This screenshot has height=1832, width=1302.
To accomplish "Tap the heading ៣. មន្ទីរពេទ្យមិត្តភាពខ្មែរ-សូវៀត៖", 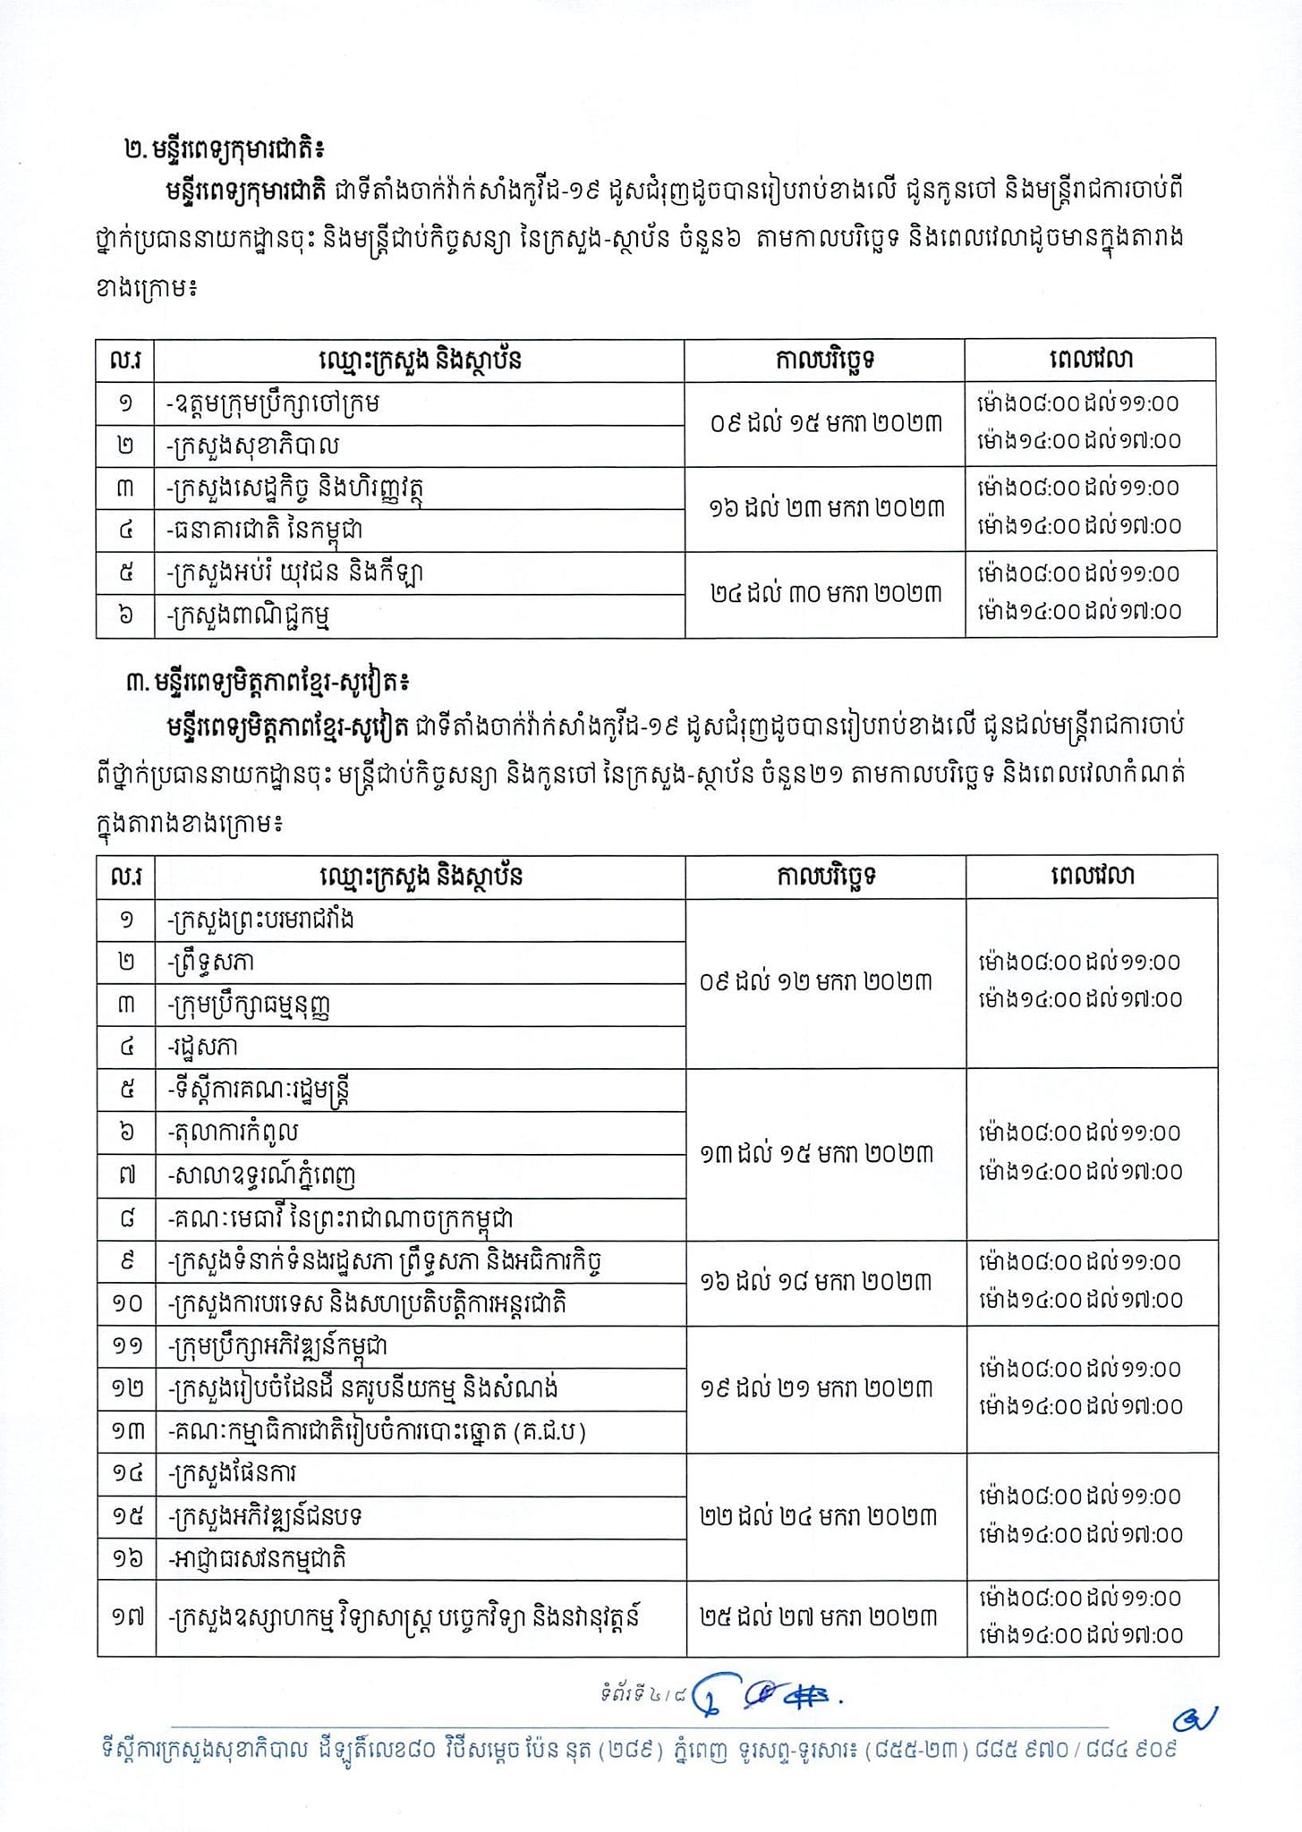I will (x=268, y=683).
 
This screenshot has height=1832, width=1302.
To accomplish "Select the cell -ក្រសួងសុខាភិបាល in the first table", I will (x=253, y=445).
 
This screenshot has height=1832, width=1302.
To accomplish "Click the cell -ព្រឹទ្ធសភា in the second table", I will (x=211, y=962).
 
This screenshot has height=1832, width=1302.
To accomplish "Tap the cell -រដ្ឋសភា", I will (x=203, y=1047).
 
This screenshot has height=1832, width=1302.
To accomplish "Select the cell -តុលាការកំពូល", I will (x=233, y=1132).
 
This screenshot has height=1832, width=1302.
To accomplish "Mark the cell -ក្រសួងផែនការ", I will (x=232, y=1473).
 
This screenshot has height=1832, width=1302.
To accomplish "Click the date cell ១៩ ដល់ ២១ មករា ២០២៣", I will (x=817, y=1388).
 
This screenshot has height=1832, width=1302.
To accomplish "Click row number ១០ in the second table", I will (x=126, y=1303).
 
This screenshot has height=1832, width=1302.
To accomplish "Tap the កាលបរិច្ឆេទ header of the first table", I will (x=824, y=360).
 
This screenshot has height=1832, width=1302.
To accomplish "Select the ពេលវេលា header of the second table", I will (x=1092, y=876).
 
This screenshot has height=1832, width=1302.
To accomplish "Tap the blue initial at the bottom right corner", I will (x=1196, y=1718).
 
